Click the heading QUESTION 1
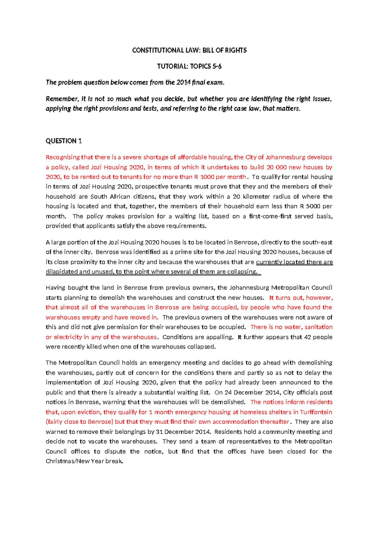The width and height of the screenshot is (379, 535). coord(63,141)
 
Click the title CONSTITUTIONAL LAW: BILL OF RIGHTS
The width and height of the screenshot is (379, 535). coord(189,50)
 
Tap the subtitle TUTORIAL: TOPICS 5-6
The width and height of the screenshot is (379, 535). coord(189,66)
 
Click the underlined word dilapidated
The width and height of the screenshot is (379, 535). coord(62,272)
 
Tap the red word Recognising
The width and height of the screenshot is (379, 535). coord(63,157)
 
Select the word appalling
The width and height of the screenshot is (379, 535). coord(220,337)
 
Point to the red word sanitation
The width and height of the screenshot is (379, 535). coord(318,327)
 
